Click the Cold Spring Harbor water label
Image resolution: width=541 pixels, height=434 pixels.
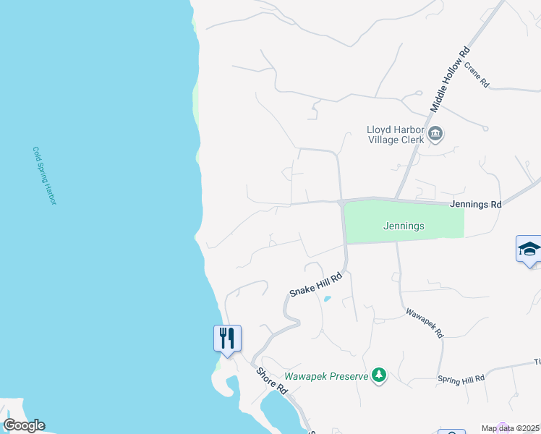[44, 176]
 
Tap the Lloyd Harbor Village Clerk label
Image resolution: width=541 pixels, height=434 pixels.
[393, 135]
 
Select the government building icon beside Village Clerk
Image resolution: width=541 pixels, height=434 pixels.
[435, 133]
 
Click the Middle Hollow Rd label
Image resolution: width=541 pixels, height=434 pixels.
[451, 80]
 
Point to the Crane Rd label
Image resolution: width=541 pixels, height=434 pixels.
[477, 75]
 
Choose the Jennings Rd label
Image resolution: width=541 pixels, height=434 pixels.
[475, 205]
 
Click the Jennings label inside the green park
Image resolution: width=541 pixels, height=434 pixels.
[403, 226]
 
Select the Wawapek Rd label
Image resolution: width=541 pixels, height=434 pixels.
[424, 323]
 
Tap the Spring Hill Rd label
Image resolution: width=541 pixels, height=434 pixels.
[461, 378]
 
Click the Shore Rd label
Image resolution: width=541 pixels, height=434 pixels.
[273, 380]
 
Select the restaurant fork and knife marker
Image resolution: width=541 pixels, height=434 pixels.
[227, 337]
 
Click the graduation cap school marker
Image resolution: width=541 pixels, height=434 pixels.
[529, 249]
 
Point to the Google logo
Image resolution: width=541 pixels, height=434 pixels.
[24, 425]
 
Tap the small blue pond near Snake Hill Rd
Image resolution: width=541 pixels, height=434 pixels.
[327, 298]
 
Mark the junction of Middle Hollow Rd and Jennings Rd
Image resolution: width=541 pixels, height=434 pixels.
[396, 199]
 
